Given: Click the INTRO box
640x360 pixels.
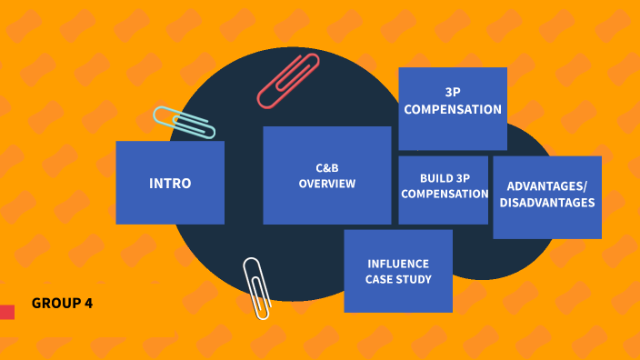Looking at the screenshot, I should [170, 183].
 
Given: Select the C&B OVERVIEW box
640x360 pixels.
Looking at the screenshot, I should [326, 175].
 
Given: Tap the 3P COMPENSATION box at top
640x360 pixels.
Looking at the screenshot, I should [453, 108].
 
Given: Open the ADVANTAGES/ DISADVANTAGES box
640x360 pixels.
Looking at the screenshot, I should [546, 196].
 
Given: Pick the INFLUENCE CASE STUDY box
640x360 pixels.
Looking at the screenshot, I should [398, 271].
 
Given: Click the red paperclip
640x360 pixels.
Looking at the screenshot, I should [288, 81].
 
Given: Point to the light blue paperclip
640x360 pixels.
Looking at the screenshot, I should [184, 123].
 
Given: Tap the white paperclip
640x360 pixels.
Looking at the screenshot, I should [256, 287].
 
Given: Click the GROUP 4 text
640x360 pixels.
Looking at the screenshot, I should [62, 303].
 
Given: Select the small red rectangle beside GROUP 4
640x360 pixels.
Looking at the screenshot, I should [7, 312].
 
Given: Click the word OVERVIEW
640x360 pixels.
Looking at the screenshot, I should [327, 184].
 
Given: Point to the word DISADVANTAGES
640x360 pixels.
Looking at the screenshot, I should [547, 203].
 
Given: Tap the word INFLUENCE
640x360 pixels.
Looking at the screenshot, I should [398, 264].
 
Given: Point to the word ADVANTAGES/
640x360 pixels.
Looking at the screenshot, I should [547, 187].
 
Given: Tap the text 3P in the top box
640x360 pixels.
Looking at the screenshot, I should [453, 93].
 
